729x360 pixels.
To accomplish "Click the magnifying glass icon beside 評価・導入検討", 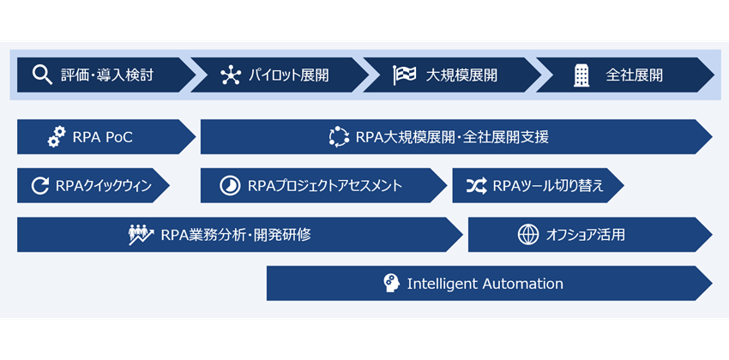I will click(42, 75).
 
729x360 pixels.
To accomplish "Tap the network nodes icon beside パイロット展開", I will click(231, 75).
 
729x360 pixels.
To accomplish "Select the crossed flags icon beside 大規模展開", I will click(404, 75).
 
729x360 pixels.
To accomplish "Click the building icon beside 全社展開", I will click(581, 75).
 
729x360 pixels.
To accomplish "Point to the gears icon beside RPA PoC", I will click(57, 136).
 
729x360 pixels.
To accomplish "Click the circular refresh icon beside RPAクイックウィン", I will click(40, 185).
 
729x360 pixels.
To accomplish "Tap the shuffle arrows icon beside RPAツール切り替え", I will click(476, 185).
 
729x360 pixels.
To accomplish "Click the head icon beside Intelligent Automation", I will click(392, 284).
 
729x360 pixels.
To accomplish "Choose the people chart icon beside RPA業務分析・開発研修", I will click(141, 234).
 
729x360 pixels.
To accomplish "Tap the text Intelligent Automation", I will click(485, 284).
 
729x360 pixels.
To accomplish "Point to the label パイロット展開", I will click(288, 75).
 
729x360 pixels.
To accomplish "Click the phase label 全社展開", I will click(634, 75).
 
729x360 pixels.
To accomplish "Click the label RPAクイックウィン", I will click(102, 185).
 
